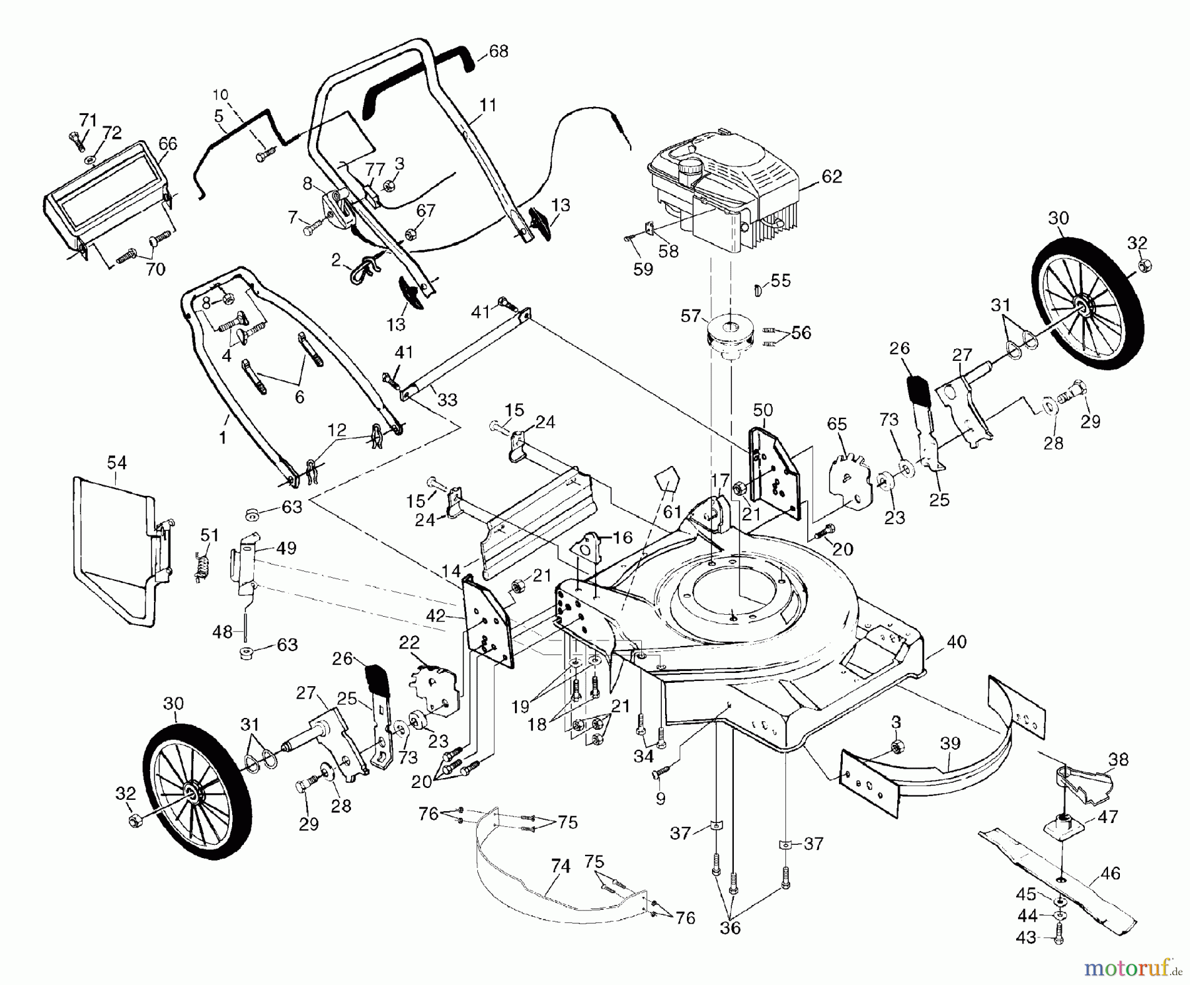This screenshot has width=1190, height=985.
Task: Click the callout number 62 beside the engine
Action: tap(832, 177)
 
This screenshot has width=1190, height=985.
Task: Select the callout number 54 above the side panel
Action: tap(116, 462)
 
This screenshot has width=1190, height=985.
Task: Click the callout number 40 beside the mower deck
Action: tap(956, 641)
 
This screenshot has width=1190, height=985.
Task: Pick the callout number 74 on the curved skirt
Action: tap(560, 866)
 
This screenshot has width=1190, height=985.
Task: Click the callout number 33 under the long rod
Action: tap(447, 399)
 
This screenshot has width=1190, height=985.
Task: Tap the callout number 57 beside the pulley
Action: tap(690, 317)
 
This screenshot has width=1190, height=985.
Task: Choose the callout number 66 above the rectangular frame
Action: tap(168, 144)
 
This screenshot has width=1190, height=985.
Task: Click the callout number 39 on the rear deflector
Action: tap(950, 744)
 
